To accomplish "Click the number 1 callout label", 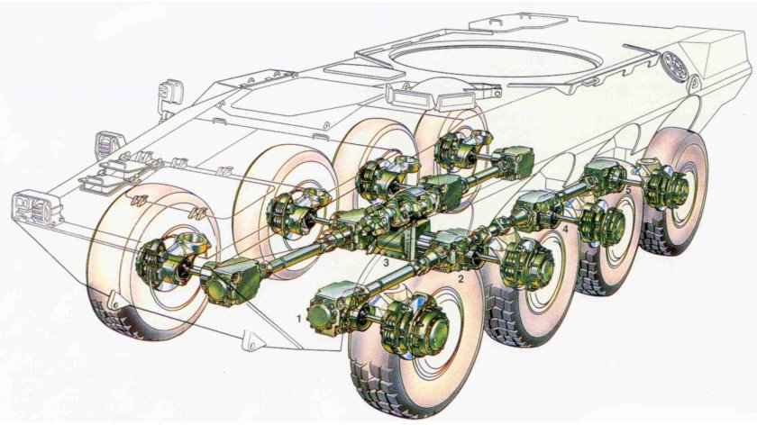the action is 299,319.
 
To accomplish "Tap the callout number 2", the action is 461,279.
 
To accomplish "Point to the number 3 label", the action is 386,263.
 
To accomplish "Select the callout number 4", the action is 565,231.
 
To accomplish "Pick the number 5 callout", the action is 628,191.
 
